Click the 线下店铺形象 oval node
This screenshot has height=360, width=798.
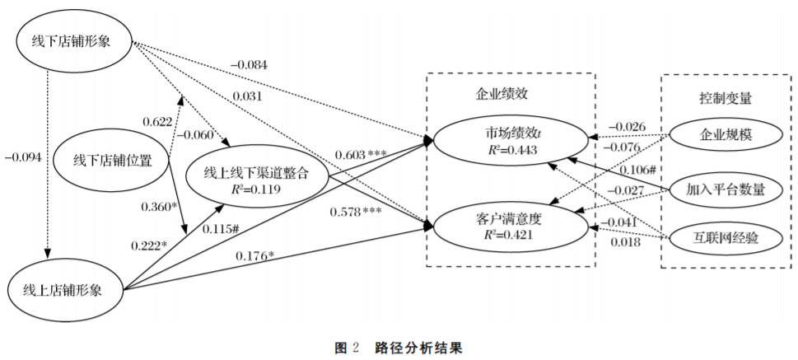click(74, 42)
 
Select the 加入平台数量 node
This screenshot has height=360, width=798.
click(726, 190)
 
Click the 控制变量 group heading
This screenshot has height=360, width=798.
click(720, 97)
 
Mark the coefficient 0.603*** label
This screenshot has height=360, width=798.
click(361, 154)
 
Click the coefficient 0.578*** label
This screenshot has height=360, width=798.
click(356, 212)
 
